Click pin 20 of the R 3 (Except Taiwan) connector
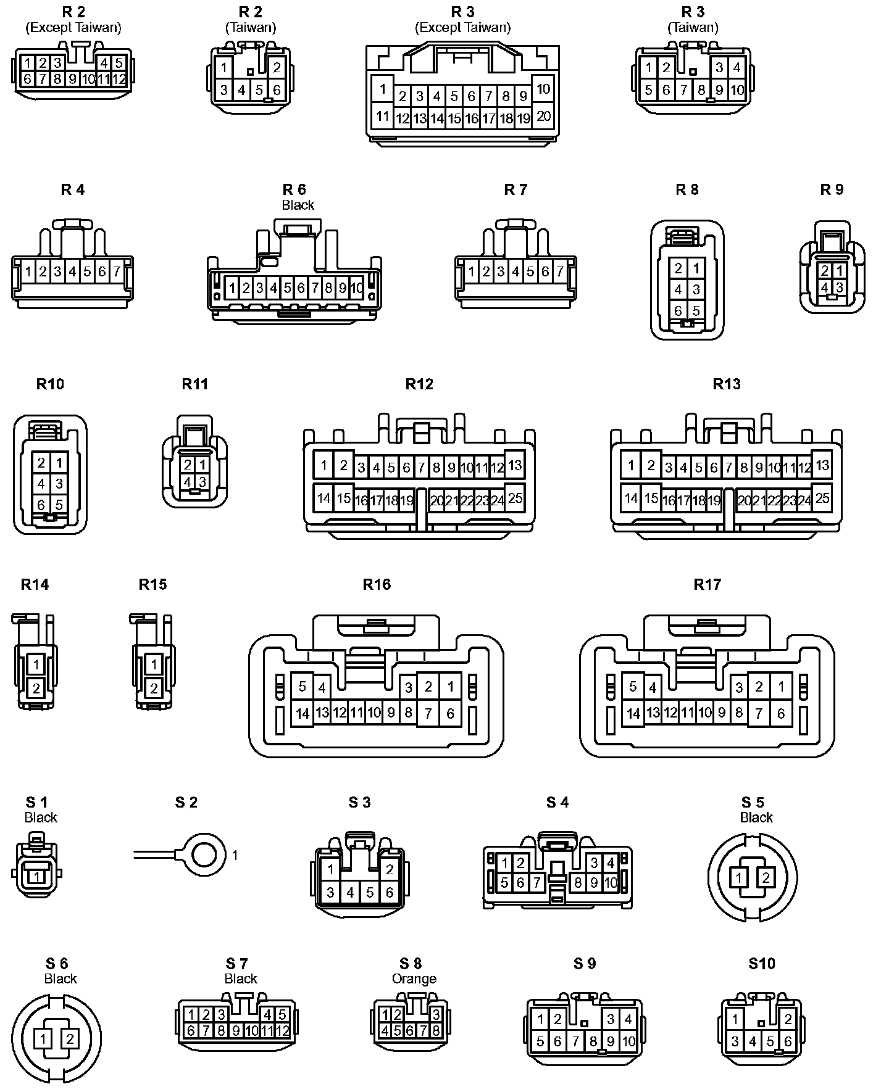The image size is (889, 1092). point(543,116)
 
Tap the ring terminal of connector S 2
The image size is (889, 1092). point(204,854)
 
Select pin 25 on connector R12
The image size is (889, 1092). point(515,498)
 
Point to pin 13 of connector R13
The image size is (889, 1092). point(822,465)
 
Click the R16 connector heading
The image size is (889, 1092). point(377,584)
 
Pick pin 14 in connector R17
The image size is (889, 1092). point(633,714)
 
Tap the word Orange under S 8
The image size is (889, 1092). point(414,978)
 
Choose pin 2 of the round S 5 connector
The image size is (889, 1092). point(766,877)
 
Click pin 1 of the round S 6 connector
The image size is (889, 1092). point(43,1039)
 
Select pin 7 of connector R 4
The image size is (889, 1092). point(116,271)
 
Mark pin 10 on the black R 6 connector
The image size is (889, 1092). point(357,287)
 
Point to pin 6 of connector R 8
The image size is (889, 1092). point(678,310)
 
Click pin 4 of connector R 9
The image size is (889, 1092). point(824,287)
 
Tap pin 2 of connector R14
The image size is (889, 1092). point(36,688)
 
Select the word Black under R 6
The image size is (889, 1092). point(298,205)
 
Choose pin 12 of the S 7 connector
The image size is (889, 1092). point(282,1030)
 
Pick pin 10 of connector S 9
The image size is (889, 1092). point(628,1042)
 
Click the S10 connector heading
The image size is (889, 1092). point(761,964)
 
